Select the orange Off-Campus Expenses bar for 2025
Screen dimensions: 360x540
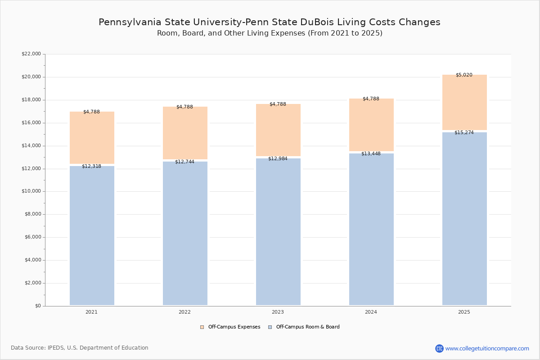464,103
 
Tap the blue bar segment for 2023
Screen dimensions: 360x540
278,232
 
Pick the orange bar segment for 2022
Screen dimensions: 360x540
185,133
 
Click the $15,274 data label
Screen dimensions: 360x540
464,133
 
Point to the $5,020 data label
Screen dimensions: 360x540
464,75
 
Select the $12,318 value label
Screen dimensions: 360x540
91,166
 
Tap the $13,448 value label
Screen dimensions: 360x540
371,154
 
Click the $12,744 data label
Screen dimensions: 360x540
184,162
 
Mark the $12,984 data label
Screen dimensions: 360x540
278,159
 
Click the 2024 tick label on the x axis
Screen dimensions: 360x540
371,312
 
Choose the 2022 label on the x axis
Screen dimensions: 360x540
184,312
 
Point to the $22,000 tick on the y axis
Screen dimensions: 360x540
31,54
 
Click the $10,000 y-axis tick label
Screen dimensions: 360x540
31,191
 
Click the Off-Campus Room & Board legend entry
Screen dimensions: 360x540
307,327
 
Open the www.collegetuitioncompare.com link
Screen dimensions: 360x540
487,348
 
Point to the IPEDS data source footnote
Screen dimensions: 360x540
80,348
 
